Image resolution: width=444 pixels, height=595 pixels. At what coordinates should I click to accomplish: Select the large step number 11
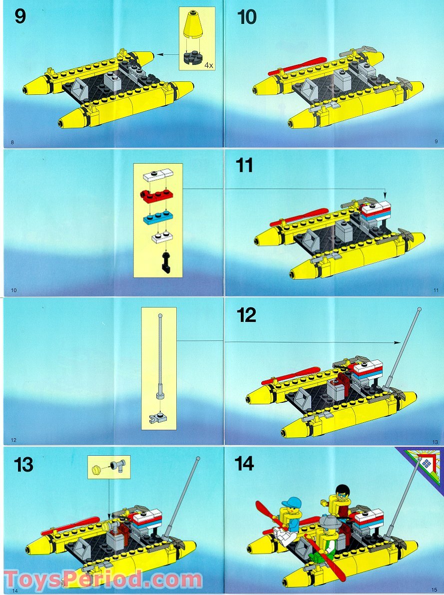(x=245, y=165)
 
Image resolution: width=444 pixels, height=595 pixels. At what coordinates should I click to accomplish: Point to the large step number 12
(x=247, y=315)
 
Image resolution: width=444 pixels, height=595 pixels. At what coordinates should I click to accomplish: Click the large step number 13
(x=23, y=465)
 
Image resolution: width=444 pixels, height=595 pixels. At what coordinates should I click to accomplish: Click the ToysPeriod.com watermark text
(x=102, y=581)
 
